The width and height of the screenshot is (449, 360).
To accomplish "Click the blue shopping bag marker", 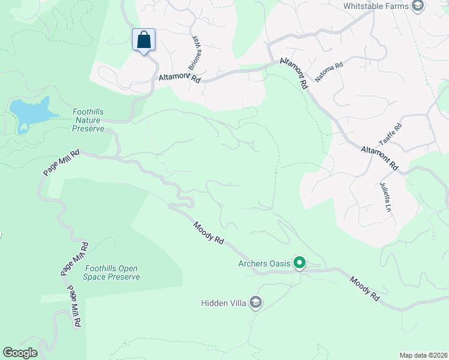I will point(143,40).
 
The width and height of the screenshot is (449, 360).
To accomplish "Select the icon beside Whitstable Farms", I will point(418,6).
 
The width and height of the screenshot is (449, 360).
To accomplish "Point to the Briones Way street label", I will point(194,52).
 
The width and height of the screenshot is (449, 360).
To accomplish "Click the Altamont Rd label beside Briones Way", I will point(178,77).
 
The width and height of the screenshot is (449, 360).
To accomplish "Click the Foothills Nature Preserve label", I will point(88,120).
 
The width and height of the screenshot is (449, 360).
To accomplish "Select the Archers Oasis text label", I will point(264,263).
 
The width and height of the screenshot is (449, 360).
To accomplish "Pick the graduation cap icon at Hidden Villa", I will point(256,302).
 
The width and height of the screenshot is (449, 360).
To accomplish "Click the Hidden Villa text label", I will point(223,303).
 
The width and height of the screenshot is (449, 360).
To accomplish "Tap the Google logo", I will point(20,353).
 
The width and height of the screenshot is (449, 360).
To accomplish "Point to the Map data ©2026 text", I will point(423,355).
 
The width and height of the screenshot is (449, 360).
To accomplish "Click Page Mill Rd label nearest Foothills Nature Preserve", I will point(61,162).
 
